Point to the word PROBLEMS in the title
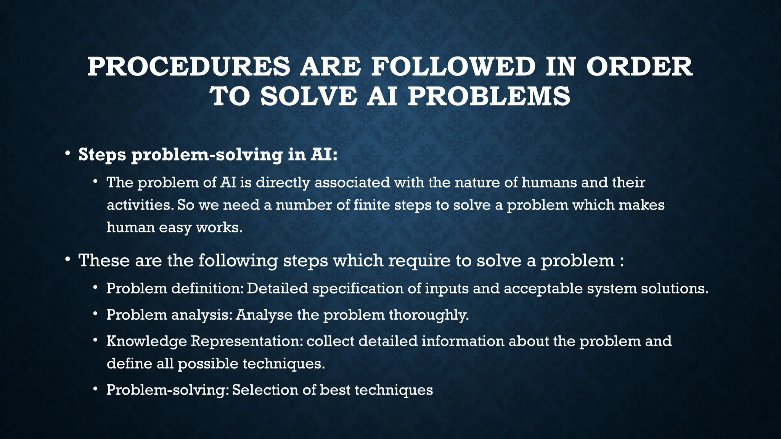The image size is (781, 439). point(489,97)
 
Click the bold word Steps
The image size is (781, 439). point(102,155)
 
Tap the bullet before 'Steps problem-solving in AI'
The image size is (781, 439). point(67,154)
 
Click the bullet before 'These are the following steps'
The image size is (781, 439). point(67,260)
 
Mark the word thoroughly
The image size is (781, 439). point(429,315)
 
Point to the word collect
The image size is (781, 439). point(330,341)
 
